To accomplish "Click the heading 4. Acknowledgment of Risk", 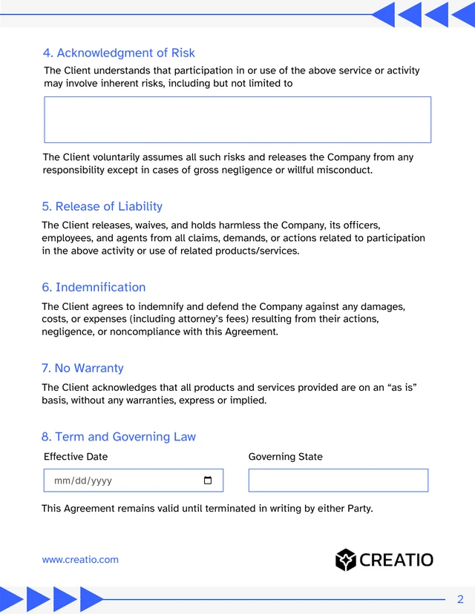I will click(119, 53).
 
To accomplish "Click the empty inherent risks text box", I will click(237, 119).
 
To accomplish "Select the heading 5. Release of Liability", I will click(102, 206).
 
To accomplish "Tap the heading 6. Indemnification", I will click(94, 287).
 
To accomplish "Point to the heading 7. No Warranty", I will click(82, 368).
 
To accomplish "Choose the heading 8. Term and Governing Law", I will click(119, 437).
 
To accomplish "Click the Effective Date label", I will click(76, 457).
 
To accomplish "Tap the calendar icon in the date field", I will click(208, 481).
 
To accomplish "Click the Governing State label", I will click(285, 457).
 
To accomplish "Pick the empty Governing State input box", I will click(338, 481).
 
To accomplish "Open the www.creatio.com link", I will click(80, 560).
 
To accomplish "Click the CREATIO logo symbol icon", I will click(346, 560).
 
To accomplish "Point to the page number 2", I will click(460, 599).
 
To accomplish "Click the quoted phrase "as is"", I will click(402, 387).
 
